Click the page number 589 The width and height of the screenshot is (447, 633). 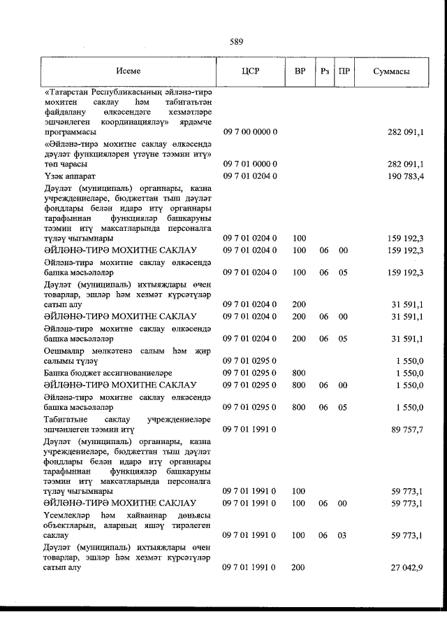pyautogui.click(x=236, y=42)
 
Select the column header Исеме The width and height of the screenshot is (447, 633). pyautogui.click(x=129, y=71)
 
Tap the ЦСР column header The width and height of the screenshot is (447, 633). pyautogui.click(x=250, y=71)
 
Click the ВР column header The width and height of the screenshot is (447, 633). pyautogui.click(x=300, y=71)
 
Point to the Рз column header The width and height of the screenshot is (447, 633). pyautogui.click(x=323, y=71)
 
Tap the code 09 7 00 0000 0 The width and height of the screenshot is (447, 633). pyautogui.click(x=250, y=131)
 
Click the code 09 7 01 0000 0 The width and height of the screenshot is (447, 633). pyautogui.click(x=250, y=164)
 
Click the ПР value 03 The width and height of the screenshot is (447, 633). pyautogui.click(x=343, y=535)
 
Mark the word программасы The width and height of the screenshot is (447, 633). pyautogui.click(x=72, y=131)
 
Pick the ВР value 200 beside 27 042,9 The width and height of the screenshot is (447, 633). pyautogui.click(x=300, y=567)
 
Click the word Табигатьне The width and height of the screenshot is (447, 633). pyautogui.click(x=67, y=418)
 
